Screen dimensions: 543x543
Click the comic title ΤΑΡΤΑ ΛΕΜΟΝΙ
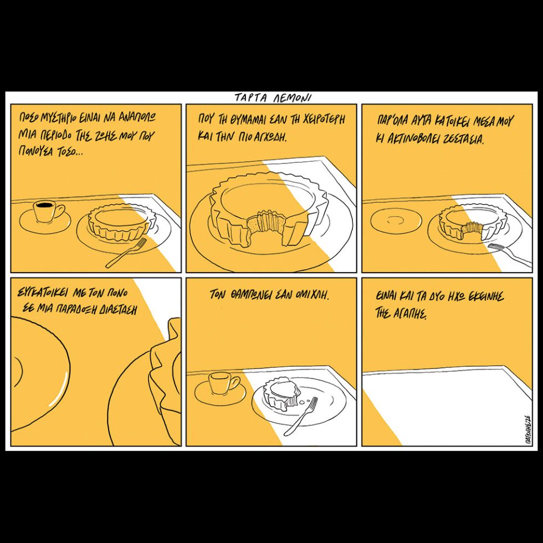(x=273, y=98)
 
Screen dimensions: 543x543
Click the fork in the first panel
(x=126, y=253)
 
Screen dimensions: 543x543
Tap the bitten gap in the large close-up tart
(x=266, y=226)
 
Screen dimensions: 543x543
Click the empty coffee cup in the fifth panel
(x=224, y=383)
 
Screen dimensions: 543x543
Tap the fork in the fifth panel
(x=300, y=416)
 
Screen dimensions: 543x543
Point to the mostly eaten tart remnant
(x=282, y=393)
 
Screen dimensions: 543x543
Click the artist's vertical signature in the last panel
(x=527, y=429)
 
